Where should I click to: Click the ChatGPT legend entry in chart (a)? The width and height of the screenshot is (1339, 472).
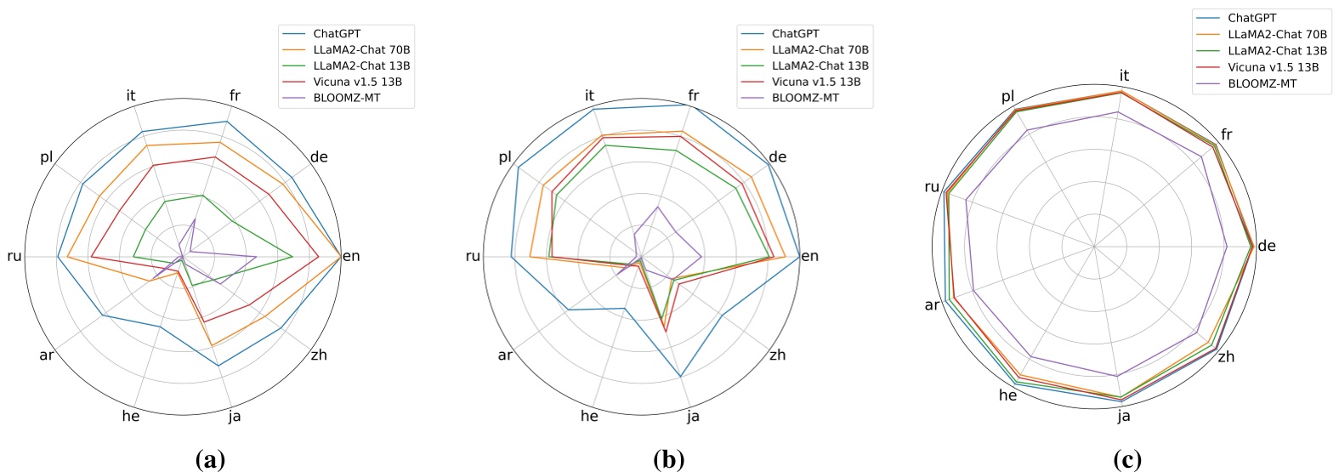[x=337, y=34]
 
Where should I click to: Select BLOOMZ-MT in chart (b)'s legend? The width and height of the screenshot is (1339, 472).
[x=804, y=98]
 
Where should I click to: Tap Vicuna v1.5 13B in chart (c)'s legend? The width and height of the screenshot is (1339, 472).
[x=1273, y=66]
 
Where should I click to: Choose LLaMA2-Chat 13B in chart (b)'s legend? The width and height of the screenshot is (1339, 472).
[x=820, y=65]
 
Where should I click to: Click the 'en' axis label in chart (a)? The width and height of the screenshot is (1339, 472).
[x=351, y=256]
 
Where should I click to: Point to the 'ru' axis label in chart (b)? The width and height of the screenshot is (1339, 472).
[x=473, y=256]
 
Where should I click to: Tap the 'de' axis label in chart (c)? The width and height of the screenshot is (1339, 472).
[x=1267, y=246]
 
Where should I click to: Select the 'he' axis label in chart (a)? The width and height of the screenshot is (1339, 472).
[x=131, y=416]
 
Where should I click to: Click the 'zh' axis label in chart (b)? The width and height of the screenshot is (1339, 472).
[x=777, y=355]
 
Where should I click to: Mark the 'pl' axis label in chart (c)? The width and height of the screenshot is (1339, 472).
[x=1008, y=96]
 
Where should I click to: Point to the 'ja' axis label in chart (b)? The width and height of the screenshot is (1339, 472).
[x=694, y=416]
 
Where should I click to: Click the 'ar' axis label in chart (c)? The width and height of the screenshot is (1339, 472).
[x=932, y=304]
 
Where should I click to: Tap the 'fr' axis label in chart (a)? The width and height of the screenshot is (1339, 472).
[x=235, y=95]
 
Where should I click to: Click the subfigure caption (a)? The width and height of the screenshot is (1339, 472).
[x=210, y=460]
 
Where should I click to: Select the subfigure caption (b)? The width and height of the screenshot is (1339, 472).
[x=668, y=460]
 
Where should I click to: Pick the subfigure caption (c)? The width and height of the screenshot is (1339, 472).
[x=1127, y=460]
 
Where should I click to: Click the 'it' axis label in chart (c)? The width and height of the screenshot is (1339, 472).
[x=1124, y=76]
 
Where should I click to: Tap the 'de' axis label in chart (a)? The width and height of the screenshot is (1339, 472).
[x=319, y=156]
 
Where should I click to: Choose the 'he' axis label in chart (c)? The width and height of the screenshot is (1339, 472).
[x=1007, y=395]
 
